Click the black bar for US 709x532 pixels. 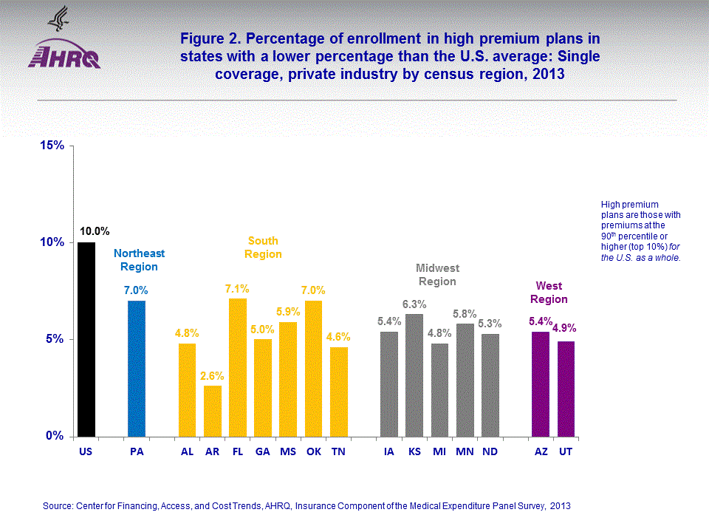click(86, 339)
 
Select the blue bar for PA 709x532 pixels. click(137, 368)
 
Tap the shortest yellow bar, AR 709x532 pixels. click(213, 411)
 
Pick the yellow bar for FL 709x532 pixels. click(238, 367)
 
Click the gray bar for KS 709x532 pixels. click(414, 375)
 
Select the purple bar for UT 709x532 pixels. click(566, 389)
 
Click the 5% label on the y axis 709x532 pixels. click(55, 339)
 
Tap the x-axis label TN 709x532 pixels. click(338, 451)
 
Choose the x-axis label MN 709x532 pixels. click(465, 451)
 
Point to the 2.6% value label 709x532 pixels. click(212, 375)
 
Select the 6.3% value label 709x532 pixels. click(414, 304)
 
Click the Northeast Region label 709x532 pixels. click(140, 259)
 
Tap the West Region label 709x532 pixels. click(549, 293)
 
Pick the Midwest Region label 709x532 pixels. click(437, 274)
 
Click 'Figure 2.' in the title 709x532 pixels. click(207, 38)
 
